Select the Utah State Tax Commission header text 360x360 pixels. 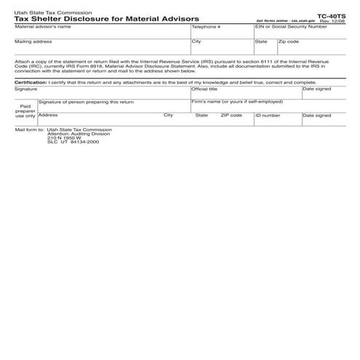tap(46, 12)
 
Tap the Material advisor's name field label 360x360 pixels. tap(43, 27)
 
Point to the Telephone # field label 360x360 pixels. tap(206, 27)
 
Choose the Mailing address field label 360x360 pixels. tap(33, 41)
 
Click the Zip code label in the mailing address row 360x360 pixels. tap(288, 41)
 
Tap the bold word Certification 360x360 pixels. tap(31, 82)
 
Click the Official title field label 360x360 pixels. tap(204, 89)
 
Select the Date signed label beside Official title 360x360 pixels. tap(316, 89)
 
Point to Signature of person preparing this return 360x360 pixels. tap(86, 102)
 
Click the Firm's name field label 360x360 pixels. tap(236, 102)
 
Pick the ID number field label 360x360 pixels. tap(267, 115)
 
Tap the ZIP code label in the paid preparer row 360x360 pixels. tap(231, 115)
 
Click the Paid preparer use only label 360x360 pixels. tap(25, 111)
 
